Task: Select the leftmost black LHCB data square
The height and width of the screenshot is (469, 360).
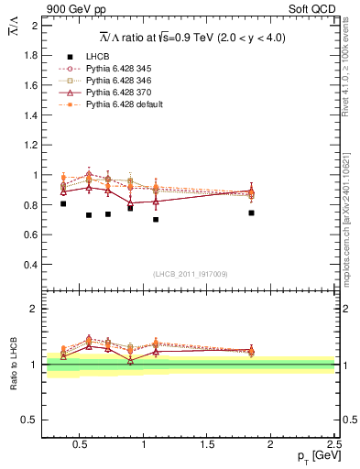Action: tap(62, 203)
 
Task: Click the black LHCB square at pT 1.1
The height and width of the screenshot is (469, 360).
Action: tap(156, 220)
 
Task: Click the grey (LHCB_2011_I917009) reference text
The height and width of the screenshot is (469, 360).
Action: tap(190, 274)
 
